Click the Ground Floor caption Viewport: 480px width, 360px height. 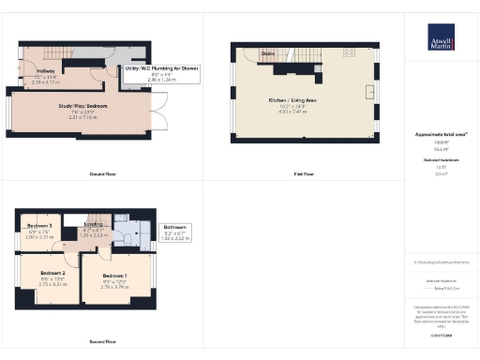[x=101, y=174]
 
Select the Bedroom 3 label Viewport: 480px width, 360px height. [x=38, y=227]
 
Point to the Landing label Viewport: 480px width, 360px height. [x=94, y=225]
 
